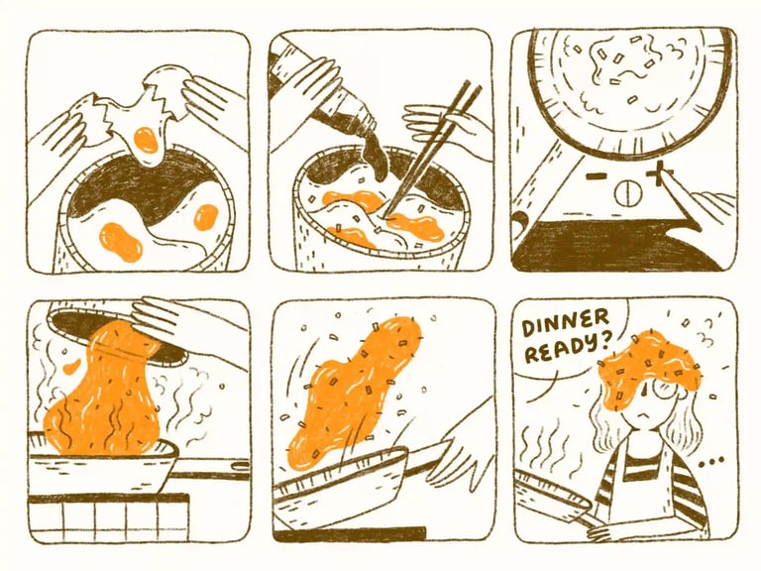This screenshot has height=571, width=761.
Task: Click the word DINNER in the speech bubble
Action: click(565, 324)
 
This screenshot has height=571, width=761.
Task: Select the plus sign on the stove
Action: click(662, 174)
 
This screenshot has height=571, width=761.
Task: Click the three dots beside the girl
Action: click(711, 462)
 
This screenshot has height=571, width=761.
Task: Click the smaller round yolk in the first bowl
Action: click(206, 217)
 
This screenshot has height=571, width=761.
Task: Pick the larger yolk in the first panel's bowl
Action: click(121, 242)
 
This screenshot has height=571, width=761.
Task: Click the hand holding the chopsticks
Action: click(439, 125)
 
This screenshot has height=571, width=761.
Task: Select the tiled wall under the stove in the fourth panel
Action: click(109, 518)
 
